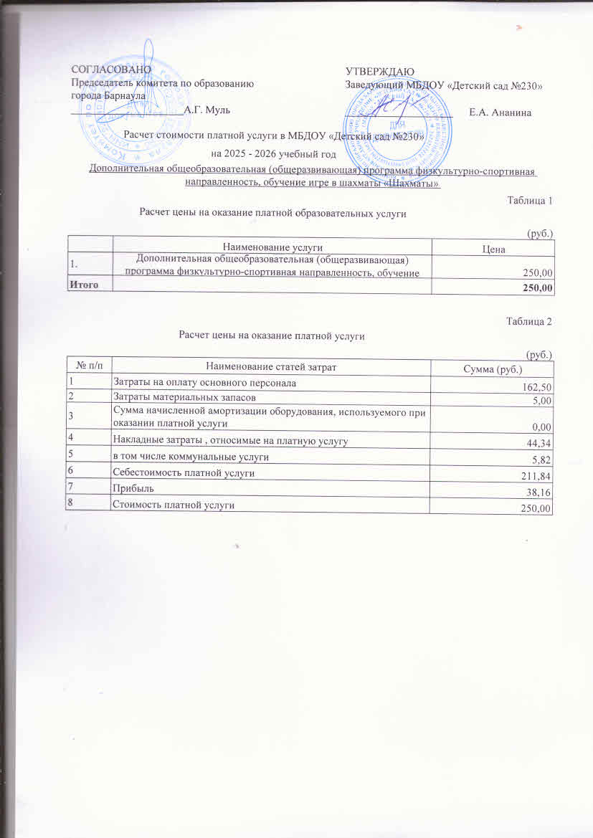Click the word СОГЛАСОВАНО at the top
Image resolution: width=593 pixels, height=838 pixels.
pos(111,70)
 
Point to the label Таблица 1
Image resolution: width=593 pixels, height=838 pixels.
pos(529,200)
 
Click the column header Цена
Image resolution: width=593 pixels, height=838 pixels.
pos(495,249)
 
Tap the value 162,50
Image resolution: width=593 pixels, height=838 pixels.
pos(539,387)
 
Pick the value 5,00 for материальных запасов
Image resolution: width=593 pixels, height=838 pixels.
pos(542,401)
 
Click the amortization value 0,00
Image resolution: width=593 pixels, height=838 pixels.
pos(542,427)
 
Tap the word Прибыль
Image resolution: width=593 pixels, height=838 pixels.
pos(131,488)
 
